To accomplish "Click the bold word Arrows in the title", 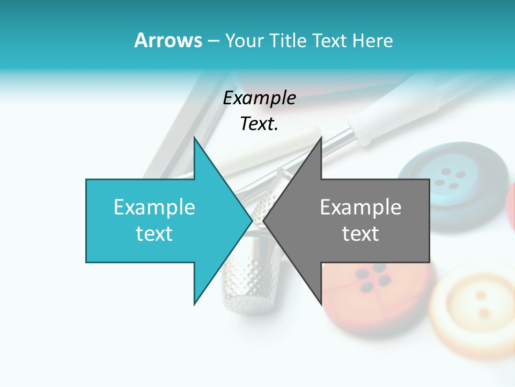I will pyautogui.click(x=167, y=40).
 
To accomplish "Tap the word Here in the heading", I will pyautogui.click(x=372, y=40).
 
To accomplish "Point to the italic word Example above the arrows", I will pyautogui.click(x=259, y=98).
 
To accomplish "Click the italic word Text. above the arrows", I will pyautogui.click(x=259, y=124).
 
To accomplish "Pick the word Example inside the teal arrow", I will pyautogui.click(x=154, y=207).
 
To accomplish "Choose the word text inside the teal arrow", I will pyautogui.click(x=154, y=234).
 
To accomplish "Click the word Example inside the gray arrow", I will pyautogui.click(x=360, y=207).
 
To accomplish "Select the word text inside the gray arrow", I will pyautogui.click(x=360, y=234).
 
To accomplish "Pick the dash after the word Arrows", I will pyautogui.click(x=213, y=41).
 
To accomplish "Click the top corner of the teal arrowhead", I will pyautogui.click(x=194, y=138).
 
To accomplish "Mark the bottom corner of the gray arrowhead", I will pyautogui.click(x=321, y=304).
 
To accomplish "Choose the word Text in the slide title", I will pyautogui.click(x=331, y=40).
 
